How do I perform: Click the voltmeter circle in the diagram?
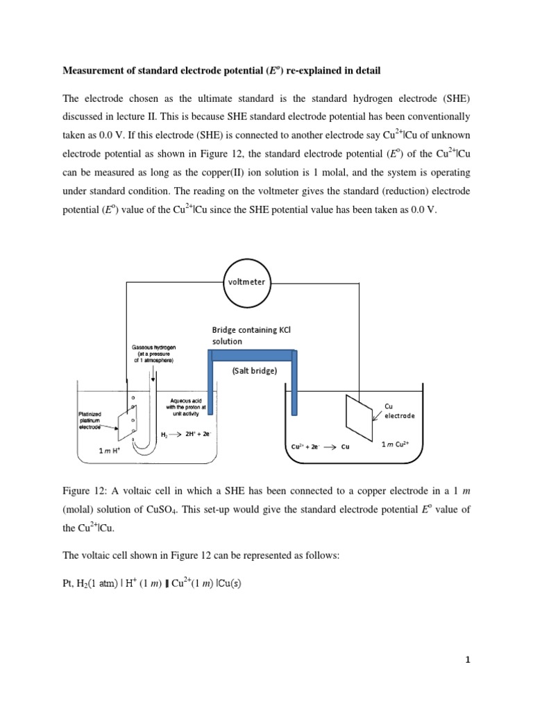point(247,282)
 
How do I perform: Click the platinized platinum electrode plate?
point(126,422)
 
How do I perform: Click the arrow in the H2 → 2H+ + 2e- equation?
point(174,435)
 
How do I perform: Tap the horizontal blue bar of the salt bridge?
point(253,356)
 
